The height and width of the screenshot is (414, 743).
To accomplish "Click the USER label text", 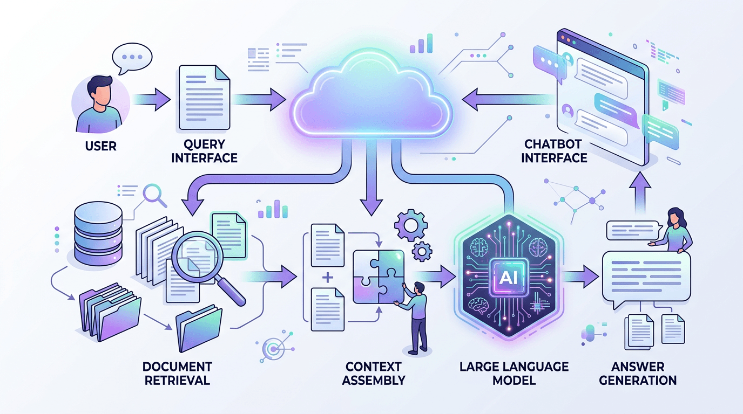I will [x=101, y=146].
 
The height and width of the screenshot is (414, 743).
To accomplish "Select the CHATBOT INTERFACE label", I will [x=556, y=151].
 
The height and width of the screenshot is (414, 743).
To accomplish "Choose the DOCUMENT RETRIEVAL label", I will [x=177, y=373].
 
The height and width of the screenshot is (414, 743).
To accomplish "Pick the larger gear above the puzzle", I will [x=410, y=226].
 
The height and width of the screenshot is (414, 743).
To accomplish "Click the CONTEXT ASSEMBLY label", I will [x=373, y=373].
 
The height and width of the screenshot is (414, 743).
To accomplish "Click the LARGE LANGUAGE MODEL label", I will [x=514, y=373].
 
